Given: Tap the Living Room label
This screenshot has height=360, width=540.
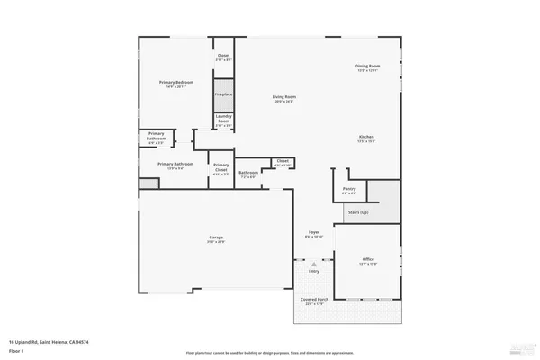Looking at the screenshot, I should pos(285,96).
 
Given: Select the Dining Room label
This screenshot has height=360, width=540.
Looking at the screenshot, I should pos(366,67).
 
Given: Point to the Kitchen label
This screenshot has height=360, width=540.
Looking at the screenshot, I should pos(366,137).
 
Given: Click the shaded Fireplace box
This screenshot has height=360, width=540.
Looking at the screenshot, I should pos(223,94).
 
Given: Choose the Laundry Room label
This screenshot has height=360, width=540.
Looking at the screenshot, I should pos(223,121).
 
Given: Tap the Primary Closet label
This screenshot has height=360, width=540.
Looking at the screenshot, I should pos(220,166).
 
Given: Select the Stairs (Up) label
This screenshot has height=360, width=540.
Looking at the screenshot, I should pos(357,212).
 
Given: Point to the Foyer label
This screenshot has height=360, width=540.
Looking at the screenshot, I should pos(314,232).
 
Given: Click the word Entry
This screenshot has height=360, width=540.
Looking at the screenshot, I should pos(314,270).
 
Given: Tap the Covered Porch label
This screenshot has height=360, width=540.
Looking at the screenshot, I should pos(314,301).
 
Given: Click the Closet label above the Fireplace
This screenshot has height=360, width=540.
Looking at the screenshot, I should pos(223,56).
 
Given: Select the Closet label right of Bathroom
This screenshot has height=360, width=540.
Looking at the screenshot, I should pos(282,162).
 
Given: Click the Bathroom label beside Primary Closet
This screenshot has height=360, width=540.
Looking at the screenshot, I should pos(248,173).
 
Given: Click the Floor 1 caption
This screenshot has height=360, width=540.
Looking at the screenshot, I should pos(17,352).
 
